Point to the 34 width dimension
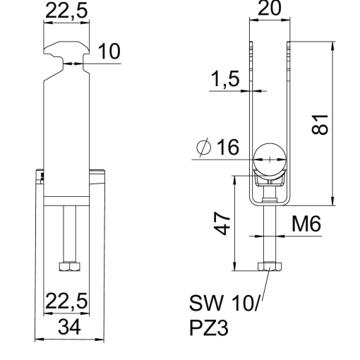coord(69,327)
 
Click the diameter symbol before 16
coord(203,149)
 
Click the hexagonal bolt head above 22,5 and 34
coord(68,268)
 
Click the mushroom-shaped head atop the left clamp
coord(67,52)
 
